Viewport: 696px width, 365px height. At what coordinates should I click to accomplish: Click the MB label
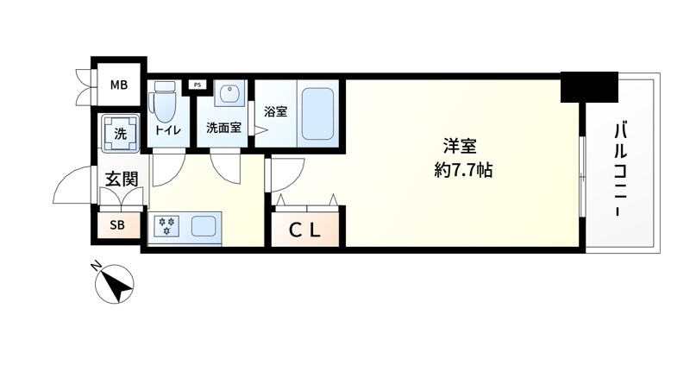[x=119, y=85]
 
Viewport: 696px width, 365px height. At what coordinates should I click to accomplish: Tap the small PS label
[x=198, y=85]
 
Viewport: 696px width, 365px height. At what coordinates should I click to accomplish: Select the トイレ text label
[x=166, y=129]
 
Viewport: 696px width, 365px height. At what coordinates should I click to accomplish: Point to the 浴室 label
[x=273, y=111]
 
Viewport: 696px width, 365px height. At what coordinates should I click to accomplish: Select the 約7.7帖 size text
[x=463, y=170]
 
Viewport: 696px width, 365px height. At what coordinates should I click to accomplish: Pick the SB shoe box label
[x=116, y=226]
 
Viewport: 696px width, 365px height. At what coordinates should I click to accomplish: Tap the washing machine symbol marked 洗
[x=119, y=134]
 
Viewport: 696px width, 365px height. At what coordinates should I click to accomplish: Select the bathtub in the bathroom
[x=320, y=114]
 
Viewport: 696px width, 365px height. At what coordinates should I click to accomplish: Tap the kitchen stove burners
[x=166, y=227]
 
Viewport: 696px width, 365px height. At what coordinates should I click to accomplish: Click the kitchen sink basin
[x=204, y=228]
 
